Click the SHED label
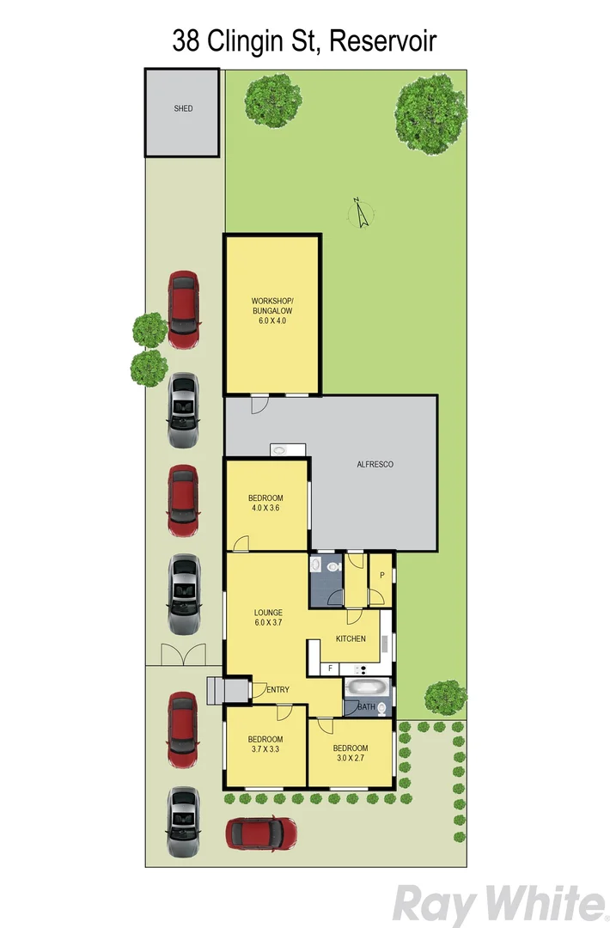(x=183, y=109)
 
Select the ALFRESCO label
(x=375, y=464)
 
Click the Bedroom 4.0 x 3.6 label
(x=265, y=503)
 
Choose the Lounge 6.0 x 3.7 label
(x=268, y=616)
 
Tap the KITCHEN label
(x=351, y=638)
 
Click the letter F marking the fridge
(x=329, y=668)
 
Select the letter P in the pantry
(x=381, y=574)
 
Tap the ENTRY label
(x=278, y=689)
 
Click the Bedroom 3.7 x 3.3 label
(x=265, y=744)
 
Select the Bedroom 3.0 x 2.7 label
(x=351, y=753)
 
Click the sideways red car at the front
(x=261, y=832)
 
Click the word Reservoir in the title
(x=382, y=40)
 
